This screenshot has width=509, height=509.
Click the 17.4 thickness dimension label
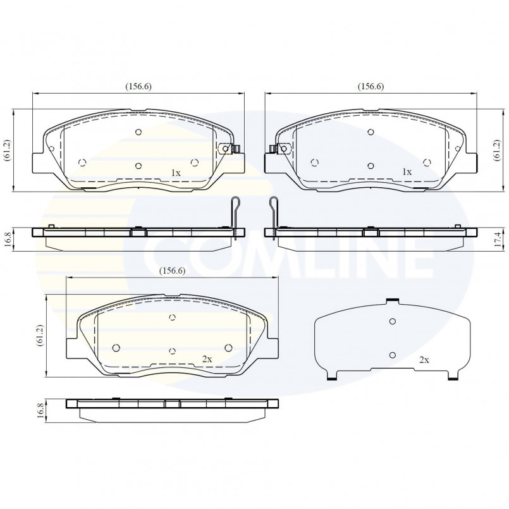498,239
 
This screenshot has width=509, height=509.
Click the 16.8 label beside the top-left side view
8,239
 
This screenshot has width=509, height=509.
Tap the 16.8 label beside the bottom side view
40,411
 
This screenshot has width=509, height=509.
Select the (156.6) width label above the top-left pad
138,87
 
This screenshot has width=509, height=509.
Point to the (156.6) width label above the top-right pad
371,87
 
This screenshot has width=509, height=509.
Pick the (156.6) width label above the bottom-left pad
173,271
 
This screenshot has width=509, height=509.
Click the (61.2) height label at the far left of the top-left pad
8,150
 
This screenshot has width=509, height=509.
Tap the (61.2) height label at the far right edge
496,150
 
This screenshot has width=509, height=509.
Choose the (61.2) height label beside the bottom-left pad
40,336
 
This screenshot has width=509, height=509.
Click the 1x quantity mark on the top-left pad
176,173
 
